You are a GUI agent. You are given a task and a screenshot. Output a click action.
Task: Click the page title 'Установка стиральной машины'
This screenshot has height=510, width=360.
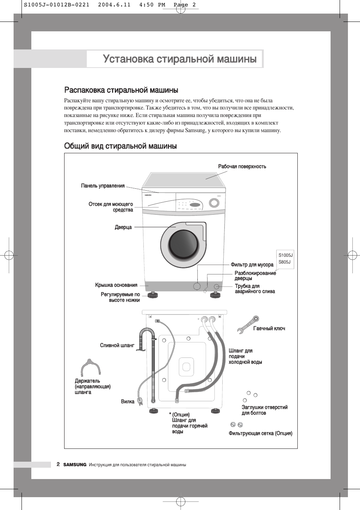pyautogui.click(x=180, y=59)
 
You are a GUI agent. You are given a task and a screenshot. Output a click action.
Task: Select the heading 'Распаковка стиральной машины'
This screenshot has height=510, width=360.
pyautogui.click(x=121, y=90)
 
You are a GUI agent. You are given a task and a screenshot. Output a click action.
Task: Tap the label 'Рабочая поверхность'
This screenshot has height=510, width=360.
pyautogui.click(x=242, y=166)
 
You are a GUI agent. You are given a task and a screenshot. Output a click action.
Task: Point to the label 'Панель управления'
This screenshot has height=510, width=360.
pyautogui.click(x=103, y=186)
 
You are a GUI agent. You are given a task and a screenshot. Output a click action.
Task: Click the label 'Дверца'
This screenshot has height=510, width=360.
pyautogui.click(x=123, y=227)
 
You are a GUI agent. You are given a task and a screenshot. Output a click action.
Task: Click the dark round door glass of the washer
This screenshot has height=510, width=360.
pyautogui.click(x=183, y=244)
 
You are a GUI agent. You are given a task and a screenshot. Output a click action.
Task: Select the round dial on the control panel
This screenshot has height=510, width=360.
pyautogui.click(x=214, y=203)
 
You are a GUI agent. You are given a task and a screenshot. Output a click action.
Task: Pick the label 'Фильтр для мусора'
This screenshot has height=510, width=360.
pyautogui.click(x=252, y=265)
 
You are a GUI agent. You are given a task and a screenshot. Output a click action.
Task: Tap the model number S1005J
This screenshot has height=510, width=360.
pyautogui.click(x=286, y=255)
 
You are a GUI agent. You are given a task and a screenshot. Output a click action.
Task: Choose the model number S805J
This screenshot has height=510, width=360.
pyautogui.click(x=285, y=262)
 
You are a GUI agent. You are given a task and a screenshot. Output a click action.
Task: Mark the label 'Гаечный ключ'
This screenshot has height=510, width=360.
pyautogui.click(x=269, y=328)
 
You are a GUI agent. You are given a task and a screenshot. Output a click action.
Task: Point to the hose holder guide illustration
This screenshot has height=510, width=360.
pyautogui.click(x=91, y=367)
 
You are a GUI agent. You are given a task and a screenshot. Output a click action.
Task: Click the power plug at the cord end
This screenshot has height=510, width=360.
pyautogui.click(x=140, y=401)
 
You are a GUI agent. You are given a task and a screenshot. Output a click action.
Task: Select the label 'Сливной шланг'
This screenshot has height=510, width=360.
pyautogui.click(x=117, y=345)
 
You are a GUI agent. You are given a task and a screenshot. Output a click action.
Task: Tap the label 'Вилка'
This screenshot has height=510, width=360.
pyautogui.click(x=128, y=402)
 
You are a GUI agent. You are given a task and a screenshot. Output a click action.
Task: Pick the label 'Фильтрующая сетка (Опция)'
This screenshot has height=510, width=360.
pyautogui.click(x=260, y=433)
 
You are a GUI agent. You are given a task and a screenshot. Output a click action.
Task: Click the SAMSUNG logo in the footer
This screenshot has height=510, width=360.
pyautogui.click(x=75, y=465)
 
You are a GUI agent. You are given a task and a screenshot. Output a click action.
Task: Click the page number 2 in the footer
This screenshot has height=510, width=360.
pyautogui.click(x=58, y=464)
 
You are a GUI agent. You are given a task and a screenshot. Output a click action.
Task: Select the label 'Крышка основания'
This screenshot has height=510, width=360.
pyautogui.click(x=116, y=285)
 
